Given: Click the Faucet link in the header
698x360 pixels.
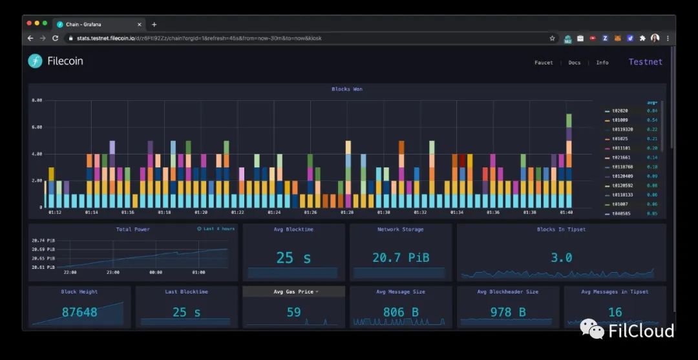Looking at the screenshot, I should (544, 63).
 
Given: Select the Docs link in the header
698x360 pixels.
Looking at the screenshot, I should (574, 63).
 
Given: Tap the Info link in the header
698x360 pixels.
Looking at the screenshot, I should (602, 63).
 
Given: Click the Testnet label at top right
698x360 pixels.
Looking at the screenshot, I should (645, 62).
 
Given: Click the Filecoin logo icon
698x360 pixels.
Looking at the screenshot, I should (35, 61).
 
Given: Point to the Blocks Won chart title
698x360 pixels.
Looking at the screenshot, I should (347, 89).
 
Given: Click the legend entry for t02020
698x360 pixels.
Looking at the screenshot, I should (620, 111).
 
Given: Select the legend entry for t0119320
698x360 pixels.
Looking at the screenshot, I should (622, 129).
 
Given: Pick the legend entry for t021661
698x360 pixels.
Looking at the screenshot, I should (621, 157).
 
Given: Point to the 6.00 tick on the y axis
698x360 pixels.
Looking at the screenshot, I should (37, 127).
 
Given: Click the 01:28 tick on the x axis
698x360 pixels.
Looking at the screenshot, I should (347, 212).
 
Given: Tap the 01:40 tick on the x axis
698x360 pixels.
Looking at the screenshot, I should (566, 212).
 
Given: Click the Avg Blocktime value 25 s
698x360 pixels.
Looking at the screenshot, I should (293, 258).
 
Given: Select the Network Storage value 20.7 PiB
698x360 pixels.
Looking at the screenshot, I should (400, 258).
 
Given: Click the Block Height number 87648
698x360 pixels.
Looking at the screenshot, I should (79, 312).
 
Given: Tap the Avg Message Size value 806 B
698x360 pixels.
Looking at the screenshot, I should (400, 312).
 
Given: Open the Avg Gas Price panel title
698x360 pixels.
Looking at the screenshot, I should (293, 291).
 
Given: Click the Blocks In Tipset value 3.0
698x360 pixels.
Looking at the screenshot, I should (561, 258).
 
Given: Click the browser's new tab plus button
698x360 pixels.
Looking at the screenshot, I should (154, 25).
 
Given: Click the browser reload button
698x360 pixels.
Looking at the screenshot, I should (55, 38).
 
